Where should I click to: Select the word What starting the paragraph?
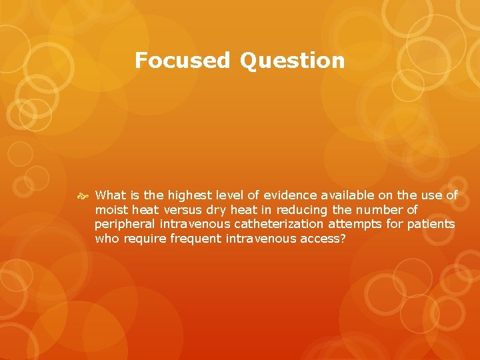(110, 195)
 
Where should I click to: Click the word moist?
(110, 210)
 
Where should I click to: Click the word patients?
(431, 224)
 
